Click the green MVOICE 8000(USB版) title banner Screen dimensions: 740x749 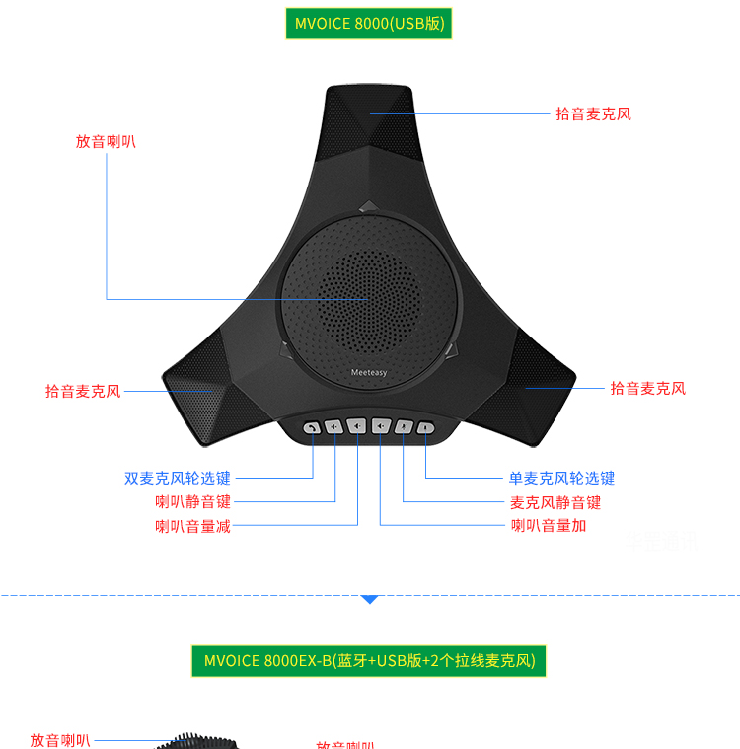tap(368, 24)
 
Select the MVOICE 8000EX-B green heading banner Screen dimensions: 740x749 tap(368, 660)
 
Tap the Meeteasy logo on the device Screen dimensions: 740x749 tap(368, 373)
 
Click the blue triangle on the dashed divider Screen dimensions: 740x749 tap(369, 598)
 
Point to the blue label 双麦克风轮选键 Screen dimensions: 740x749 tap(178, 479)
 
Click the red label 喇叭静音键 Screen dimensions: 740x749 tap(192, 502)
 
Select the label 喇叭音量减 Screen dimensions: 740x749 tap(192, 526)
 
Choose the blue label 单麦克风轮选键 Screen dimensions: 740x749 tap(561, 479)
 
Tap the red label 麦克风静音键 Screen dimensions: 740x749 tap(555, 502)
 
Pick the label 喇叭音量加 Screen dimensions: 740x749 tap(549, 526)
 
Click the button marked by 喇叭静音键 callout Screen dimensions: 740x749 tap(333, 427)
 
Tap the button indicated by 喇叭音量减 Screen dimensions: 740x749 tap(357, 427)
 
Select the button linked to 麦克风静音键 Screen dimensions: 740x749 tap(403, 427)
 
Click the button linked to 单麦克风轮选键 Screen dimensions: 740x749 tap(425, 427)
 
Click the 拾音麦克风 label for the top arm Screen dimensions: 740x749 tap(593, 113)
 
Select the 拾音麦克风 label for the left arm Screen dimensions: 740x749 tap(83, 392)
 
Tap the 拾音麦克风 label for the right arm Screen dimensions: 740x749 tap(647, 389)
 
